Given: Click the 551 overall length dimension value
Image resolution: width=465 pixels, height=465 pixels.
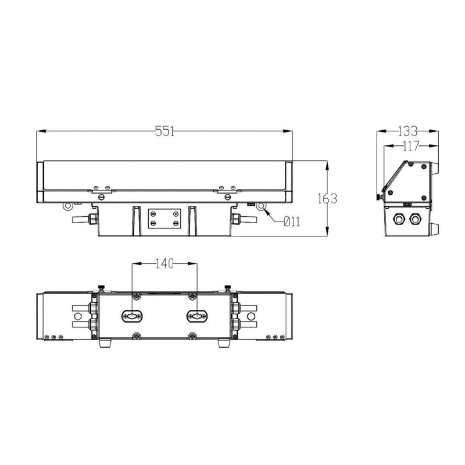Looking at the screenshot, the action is [164, 131].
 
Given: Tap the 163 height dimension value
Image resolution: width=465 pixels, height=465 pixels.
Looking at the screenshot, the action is [327, 199].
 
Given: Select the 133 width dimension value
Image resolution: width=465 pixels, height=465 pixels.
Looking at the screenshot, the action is [407, 131].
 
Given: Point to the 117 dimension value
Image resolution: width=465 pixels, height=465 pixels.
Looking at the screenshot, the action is [410, 146].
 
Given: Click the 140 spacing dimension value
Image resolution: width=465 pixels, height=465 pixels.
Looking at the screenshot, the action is [164, 263].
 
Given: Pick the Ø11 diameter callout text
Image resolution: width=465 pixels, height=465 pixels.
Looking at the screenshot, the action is [292, 221].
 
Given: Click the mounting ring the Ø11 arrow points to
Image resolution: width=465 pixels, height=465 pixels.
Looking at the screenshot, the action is [261, 206].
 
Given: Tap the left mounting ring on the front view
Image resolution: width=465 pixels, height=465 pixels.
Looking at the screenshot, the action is [67, 206].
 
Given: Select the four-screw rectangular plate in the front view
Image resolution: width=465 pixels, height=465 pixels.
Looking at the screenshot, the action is [164, 219].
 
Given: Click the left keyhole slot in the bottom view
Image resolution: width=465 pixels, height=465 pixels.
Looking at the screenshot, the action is [133, 316].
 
